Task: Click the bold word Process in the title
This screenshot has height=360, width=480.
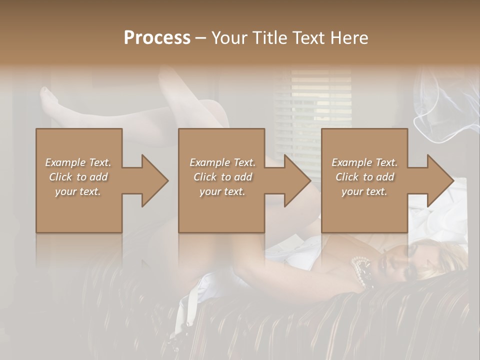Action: (157, 38)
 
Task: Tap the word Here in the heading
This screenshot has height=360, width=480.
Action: (349, 38)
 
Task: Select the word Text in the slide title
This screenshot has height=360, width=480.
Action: (310, 38)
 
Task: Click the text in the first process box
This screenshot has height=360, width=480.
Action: (78, 177)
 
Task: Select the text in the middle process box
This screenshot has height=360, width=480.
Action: (222, 177)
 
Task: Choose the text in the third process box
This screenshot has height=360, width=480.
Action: (364, 177)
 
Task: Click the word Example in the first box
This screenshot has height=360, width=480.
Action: (65, 162)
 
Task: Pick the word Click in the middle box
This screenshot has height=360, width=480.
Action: (204, 177)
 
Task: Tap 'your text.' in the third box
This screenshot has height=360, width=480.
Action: (364, 191)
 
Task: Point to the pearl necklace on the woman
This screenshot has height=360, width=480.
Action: (363, 270)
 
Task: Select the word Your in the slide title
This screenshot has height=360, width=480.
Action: (227, 38)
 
